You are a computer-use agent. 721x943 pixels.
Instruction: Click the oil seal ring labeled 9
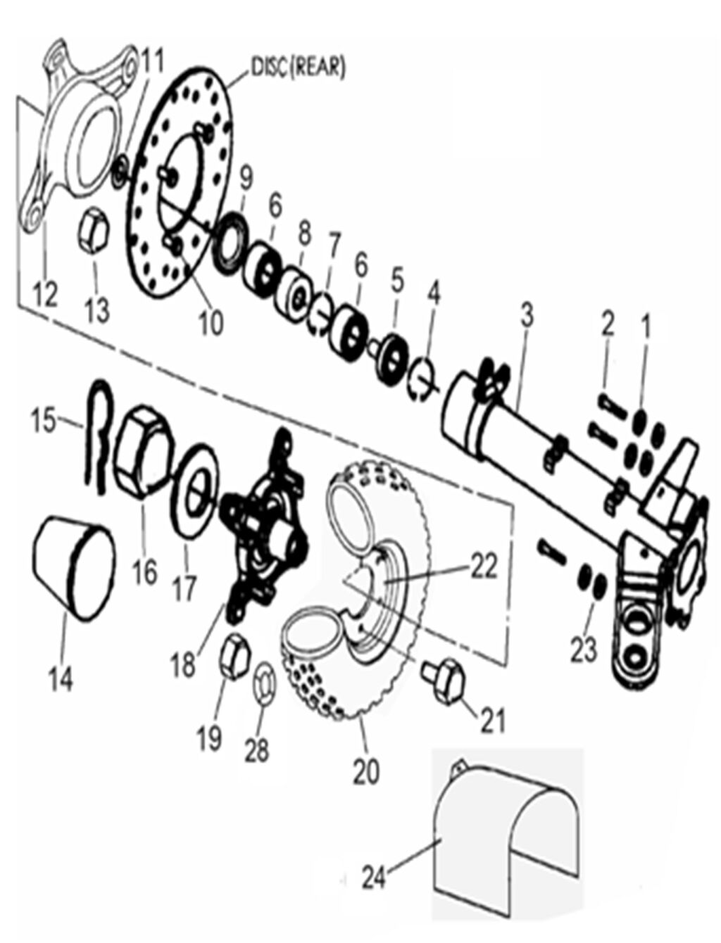[232, 246]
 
